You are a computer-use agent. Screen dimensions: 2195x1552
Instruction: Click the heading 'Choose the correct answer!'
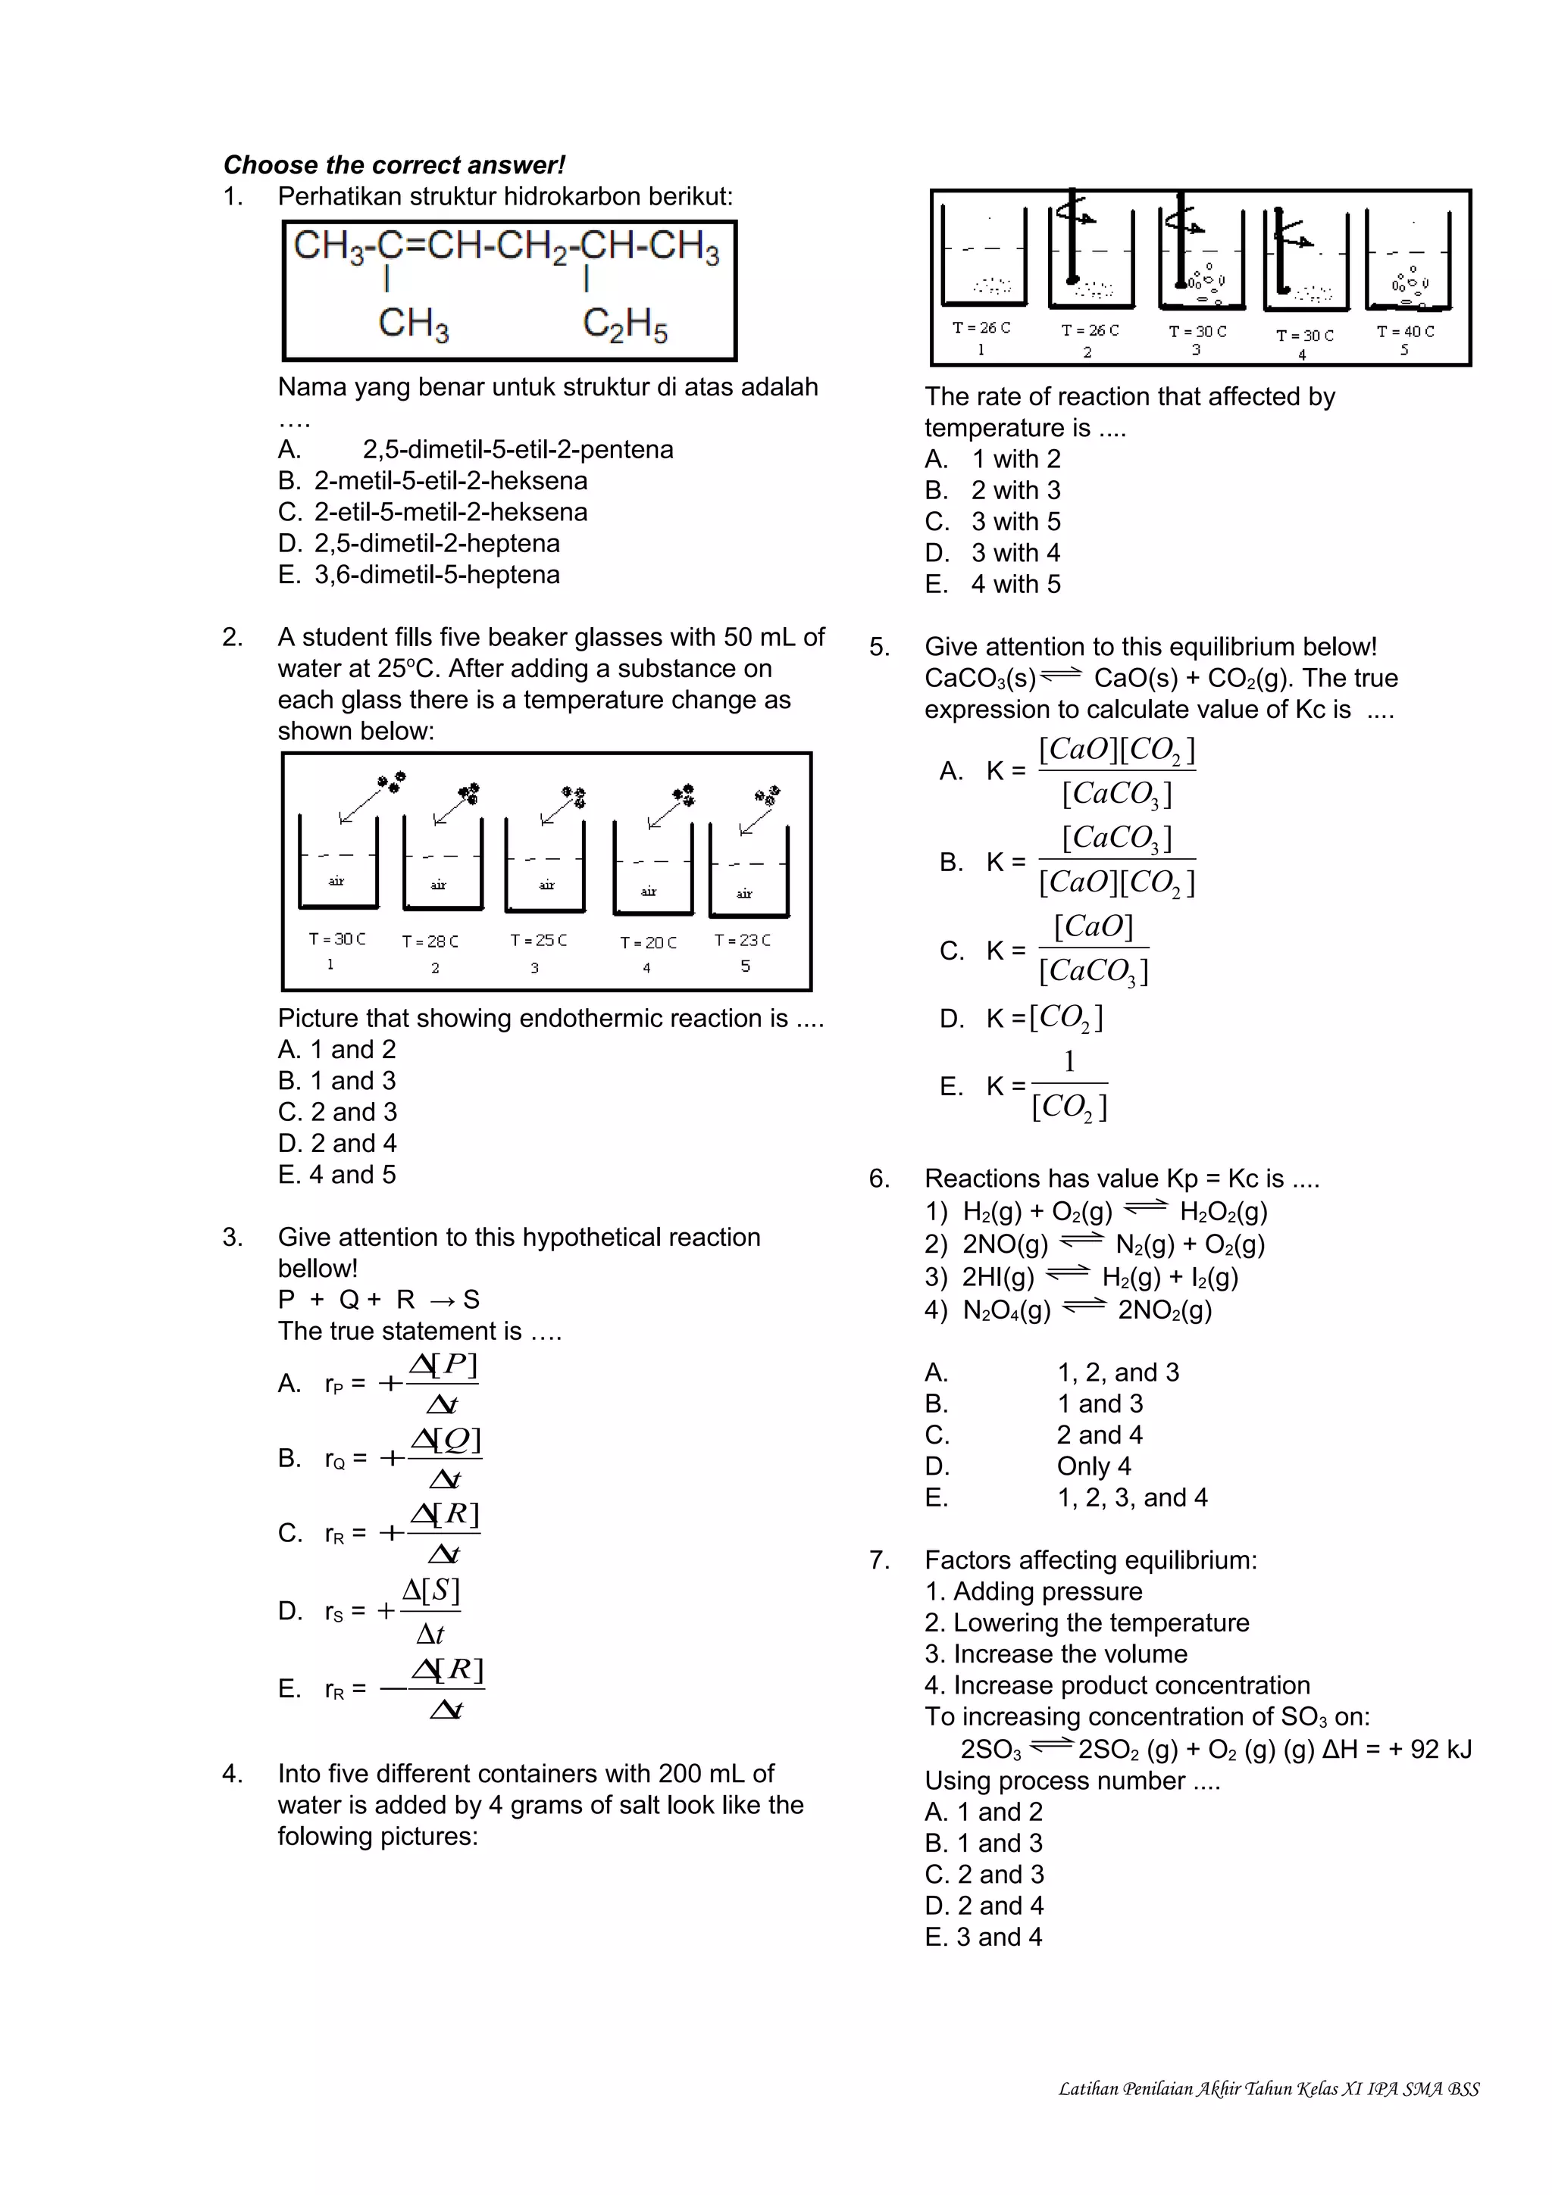(x=394, y=165)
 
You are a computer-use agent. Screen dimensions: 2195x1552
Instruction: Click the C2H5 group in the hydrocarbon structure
(x=624, y=325)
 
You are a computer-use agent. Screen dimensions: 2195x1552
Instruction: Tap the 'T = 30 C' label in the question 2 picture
(x=336, y=938)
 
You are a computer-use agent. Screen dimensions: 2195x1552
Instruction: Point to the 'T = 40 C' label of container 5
(x=1405, y=331)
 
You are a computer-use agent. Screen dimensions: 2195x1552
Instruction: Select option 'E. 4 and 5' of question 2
(x=336, y=1174)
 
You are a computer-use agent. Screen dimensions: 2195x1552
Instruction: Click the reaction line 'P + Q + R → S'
(x=379, y=1299)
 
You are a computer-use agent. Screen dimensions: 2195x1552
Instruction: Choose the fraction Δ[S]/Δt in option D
(x=430, y=1611)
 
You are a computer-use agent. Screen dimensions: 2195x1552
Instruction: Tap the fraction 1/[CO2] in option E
(x=1069, y=1085)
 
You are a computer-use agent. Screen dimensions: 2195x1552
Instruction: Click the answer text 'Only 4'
(x=1093, y=1466)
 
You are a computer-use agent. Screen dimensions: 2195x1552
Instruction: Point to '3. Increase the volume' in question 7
(x=1056, y=1654)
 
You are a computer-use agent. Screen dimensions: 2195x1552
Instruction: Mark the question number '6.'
(x=879, y=1179)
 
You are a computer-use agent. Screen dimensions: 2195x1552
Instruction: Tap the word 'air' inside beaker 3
(x=546, y=885)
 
